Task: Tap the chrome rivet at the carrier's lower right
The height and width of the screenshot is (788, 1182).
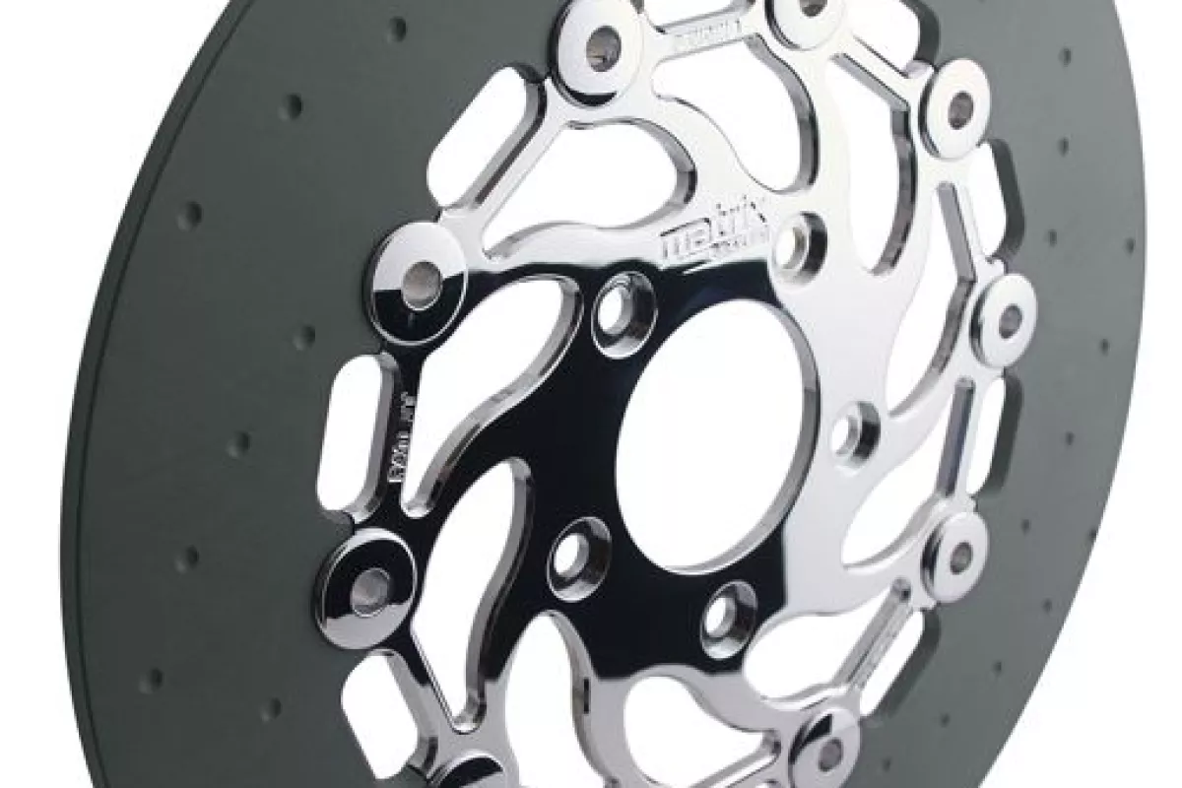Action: point(960,557)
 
